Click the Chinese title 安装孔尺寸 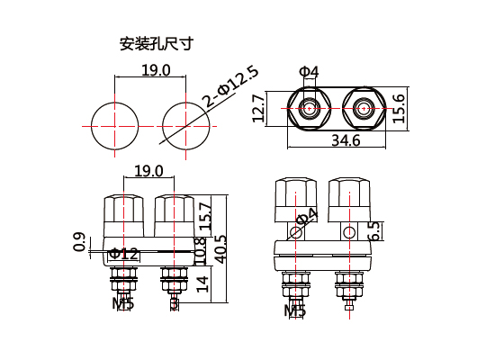tap(156, 42)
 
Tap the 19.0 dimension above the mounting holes tap(155, 70)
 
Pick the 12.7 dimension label tap(258, 109)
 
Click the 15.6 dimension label tap(399, 109)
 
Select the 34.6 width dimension tap(345, 140)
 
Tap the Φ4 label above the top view tap(308, 71)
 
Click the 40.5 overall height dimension tap(220, 245)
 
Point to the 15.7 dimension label tap(204, 219)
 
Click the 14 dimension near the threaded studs tap(202, 283)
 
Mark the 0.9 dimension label tap(80, 242)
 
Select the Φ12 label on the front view tap(124, 254)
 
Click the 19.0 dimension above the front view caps tap(148, 171)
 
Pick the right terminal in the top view tap(362, 110)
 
